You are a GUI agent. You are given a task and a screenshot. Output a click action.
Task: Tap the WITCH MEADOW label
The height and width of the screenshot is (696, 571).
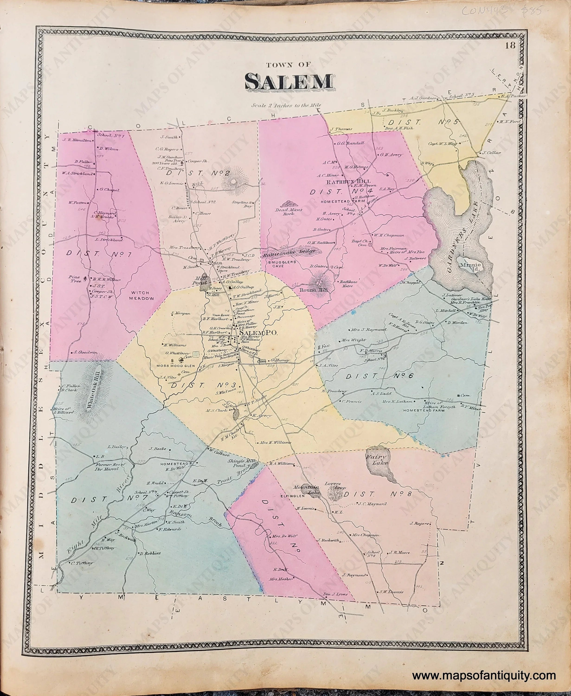[141, 296]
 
